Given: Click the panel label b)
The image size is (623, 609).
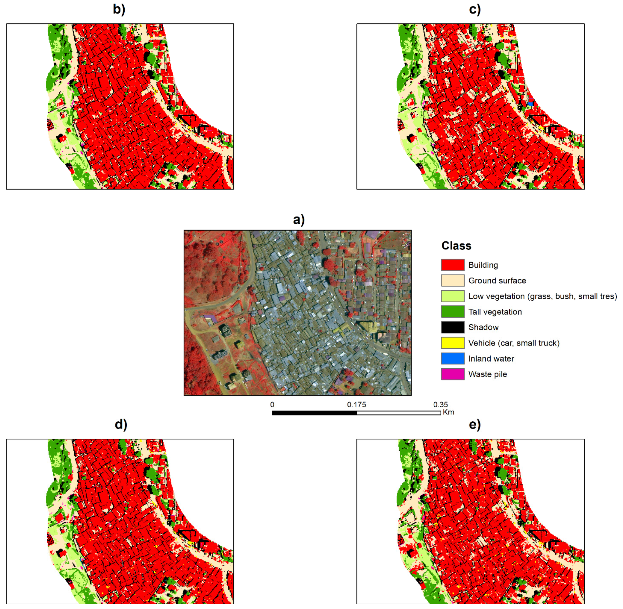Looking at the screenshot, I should point(119,10).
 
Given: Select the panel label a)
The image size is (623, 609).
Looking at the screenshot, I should point(299,220).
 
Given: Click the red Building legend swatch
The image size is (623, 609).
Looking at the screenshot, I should point(452,265).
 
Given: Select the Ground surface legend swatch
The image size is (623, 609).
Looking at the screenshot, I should point(452,281).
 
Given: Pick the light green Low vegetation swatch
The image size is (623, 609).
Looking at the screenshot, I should point(452,296).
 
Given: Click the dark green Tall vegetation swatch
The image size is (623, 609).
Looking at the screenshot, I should point(452,312).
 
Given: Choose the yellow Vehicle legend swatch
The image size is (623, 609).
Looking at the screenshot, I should point(452,343).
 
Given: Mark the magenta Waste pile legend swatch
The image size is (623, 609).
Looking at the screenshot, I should point(452,374).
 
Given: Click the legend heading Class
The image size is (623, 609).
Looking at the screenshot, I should point(456,246).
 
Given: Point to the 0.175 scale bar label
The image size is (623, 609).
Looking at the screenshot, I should point(356,405).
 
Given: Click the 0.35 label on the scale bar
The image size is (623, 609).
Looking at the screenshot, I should point(441,405).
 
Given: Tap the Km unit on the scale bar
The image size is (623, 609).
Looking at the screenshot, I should point(448,412).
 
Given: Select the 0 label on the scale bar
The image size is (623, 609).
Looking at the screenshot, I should point(272,405).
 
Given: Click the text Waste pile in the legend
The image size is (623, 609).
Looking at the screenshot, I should point(487,374).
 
